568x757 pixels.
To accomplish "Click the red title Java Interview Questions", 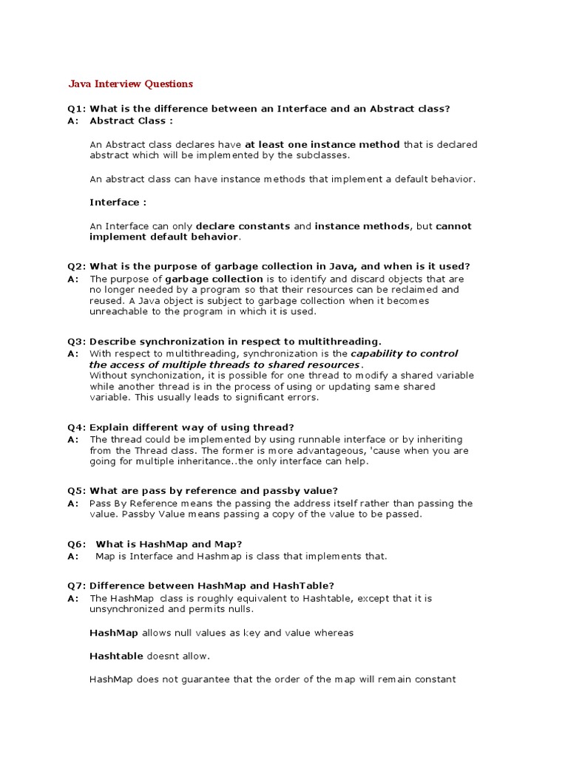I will [x=130, y=84].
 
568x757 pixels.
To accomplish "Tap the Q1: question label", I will [x=77, y=109].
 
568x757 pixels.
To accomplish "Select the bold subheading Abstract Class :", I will [x=131, y=120].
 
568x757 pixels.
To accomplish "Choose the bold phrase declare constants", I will [x=243, y=225].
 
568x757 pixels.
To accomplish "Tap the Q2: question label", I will [x=77, y=266].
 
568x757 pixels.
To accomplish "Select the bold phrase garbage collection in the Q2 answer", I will [x=214, y=279].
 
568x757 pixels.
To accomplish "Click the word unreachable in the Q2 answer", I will [x=121, y=312].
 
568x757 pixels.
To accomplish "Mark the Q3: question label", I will [x=77, y=342].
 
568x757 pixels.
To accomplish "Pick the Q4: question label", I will [x=77, y=427].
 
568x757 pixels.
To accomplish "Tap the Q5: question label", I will [x=77, y=491].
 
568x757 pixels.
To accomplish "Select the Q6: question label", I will [x=77, y=544].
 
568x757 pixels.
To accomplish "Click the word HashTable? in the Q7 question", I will [x=308, y=586].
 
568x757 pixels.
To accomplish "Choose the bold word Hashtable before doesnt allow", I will [x=116, y=656].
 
